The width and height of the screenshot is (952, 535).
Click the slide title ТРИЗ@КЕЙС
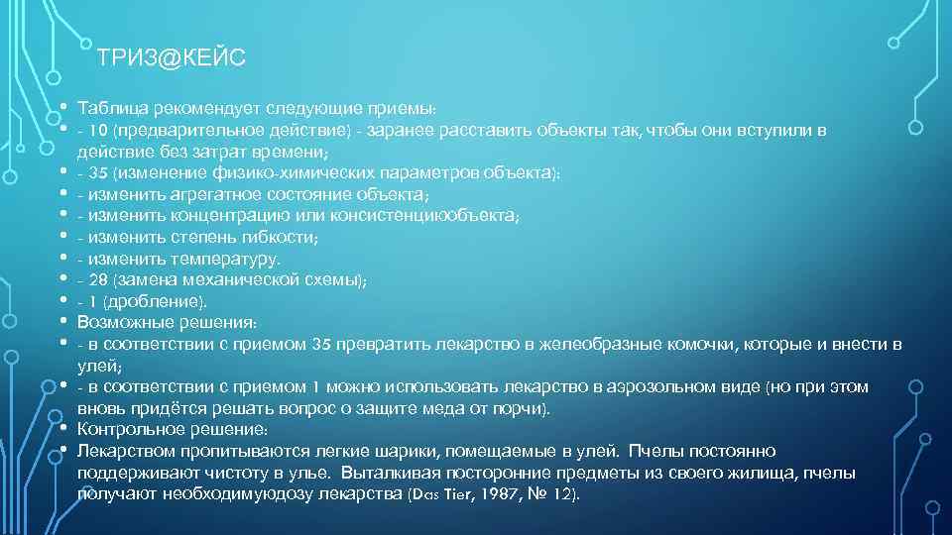[172, 59]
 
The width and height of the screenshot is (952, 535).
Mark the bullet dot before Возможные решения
[61, 322]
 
